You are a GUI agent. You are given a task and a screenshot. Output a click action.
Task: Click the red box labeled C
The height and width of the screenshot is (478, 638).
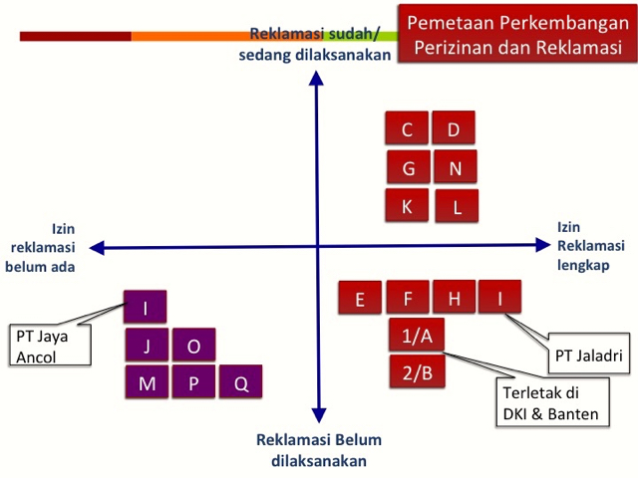click(x=407, y=129)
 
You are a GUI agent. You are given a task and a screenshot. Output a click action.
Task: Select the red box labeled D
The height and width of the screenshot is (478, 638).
click(x=454, y=129)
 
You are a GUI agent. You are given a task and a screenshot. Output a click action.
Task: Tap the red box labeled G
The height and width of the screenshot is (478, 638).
click(x=408, y=168)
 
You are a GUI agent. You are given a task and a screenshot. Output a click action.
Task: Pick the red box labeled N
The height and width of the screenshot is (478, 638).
click(x=455, y=168)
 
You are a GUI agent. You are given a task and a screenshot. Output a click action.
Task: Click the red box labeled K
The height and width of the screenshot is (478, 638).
click(x=407, y=206)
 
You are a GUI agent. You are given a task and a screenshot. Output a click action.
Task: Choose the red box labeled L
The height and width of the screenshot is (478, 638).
click(x=457, y=207)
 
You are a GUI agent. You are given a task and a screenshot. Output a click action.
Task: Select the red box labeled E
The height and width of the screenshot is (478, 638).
click(x=360, y=298)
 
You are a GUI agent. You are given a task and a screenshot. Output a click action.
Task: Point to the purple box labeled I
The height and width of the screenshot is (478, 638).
click(x=147, y=307)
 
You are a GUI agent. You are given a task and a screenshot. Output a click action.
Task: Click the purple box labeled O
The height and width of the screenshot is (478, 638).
click(x=194, y=346)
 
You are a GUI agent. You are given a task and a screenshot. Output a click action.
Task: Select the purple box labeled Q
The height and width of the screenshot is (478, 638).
click(x=241, y=382)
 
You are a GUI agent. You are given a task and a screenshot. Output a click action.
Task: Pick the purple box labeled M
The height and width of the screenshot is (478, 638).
click(x=147, y=382)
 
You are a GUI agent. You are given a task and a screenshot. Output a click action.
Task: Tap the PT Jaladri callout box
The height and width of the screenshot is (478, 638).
click(x=587, y=354)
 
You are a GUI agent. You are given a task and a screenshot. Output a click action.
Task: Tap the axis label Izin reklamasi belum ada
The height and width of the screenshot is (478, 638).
click(x=45, y=247)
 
